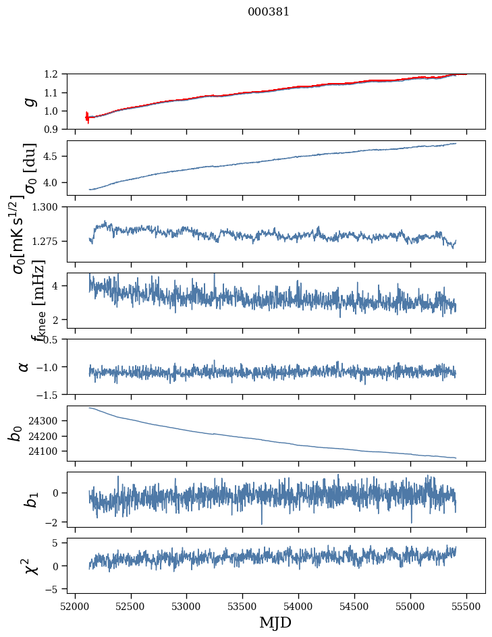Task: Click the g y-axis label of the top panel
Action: coord(28,101)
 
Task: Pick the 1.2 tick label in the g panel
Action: coord(57,74)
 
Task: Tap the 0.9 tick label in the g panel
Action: coord(57,129)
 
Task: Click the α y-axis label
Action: coord(24,366)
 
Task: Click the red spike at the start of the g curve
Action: coord(87,117)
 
